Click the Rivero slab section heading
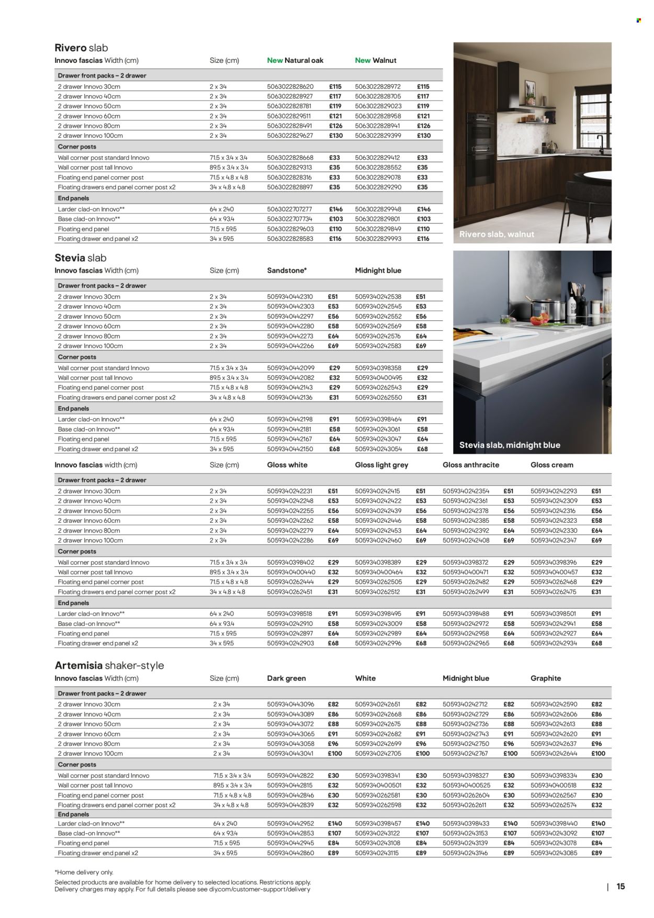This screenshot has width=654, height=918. pyautogui.click(x=81, y=48)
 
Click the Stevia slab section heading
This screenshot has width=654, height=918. pyautogui.click(x=81, y=258)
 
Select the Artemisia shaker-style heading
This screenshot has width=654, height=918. pyautogui.click(x=109, y=666)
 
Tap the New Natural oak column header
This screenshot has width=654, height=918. pyautogui.click(x=295, y=61)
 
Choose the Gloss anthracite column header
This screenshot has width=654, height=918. pyautogui.click(x=471, y=465)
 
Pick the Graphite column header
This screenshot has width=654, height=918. pyautogui.click(x=546, y=678)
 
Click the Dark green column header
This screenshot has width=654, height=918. pyautogui.click(x=286, y=678)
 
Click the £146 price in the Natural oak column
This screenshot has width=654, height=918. pyautogui.click(x=335, y=209)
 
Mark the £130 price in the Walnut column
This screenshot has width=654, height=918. pyautogui.click(x=424, y=136)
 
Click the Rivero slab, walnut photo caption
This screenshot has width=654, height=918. pyautogui.click(x=497, y=234)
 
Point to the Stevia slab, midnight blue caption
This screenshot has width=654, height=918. pyautogui.click(x=510, y=445)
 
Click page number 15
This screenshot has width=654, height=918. pyautogui.click(x=621, y=887)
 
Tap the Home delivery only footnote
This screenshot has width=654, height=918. pyautogui.click(x=84, y=872)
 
